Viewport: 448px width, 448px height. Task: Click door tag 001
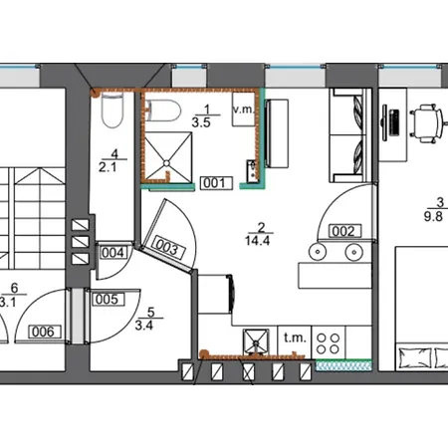(x=216, y=182)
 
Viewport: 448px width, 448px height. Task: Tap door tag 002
(x=343, y=231)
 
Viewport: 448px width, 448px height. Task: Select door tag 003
(x=168, y=249)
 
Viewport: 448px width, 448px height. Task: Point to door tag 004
(x=113, y=252)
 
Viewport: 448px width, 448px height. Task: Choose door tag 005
(x=107, y=298)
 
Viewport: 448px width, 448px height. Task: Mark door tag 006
(x=42, y=331)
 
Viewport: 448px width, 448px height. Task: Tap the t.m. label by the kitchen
(x=295, y=337)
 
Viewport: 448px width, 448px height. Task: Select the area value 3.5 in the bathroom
(x=201, y=123)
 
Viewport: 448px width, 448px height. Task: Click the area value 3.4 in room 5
(x=143, y=324)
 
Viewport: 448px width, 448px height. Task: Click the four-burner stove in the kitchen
(x=329, y=344)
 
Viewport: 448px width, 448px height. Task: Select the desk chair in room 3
(x=427, y=120)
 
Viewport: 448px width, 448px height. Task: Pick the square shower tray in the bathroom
(x=174, y=152)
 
